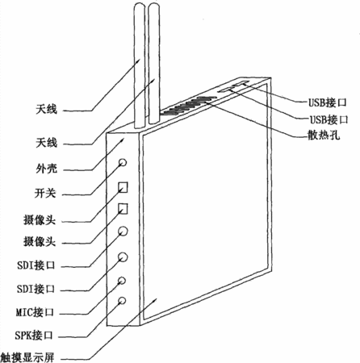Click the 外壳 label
point(47,169)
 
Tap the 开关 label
point(45,193)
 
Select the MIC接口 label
point(35,312)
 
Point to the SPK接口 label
point(34,336)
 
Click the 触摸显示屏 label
point(27,357)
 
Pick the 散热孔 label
point(324,134)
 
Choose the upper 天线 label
point(47,109)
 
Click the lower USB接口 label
point(329,119)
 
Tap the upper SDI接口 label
point(36,265)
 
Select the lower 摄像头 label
point(40,241)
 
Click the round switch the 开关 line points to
point(123,162)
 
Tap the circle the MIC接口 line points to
point(122,281)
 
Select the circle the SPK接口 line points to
point(122,300)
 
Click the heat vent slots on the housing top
point(189,105)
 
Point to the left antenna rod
point(140,66)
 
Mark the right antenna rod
point(154,64)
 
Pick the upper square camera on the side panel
point(123,187)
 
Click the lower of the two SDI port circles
point(123,257)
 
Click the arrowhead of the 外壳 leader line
point(122,140)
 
